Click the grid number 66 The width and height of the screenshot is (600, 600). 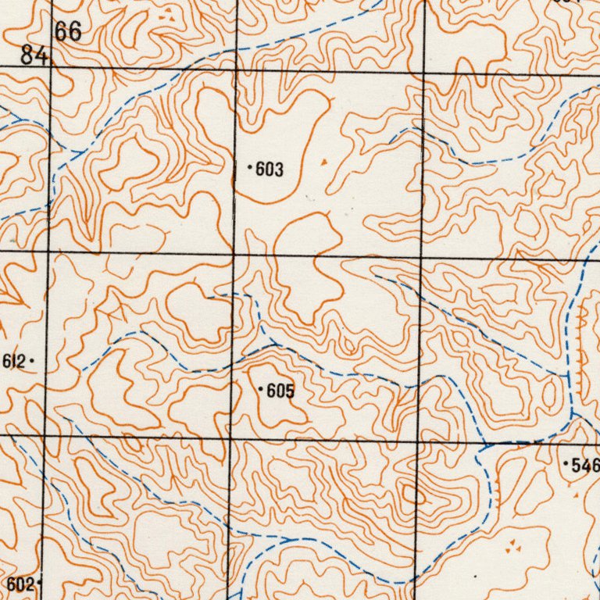(68, 32)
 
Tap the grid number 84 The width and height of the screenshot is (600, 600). (34, 55)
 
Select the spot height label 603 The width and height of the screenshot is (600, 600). (270, 170)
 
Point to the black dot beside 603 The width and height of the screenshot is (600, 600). (249, 167)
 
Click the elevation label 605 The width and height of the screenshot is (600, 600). (280, 391)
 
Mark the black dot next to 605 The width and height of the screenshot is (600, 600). (260, 388)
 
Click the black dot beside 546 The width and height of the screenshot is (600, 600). (566, 464)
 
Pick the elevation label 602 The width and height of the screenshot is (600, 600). (20, 584)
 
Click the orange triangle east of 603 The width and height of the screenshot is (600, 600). (324, 162)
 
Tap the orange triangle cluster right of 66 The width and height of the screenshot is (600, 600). (166, 15)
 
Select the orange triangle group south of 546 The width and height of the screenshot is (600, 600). (512, 548)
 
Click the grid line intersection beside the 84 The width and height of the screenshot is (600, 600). (50, 68)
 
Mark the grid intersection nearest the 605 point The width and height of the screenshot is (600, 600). (232, 436)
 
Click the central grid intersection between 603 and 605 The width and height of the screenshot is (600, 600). (234, 254)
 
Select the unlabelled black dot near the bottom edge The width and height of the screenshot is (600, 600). (476, 577)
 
